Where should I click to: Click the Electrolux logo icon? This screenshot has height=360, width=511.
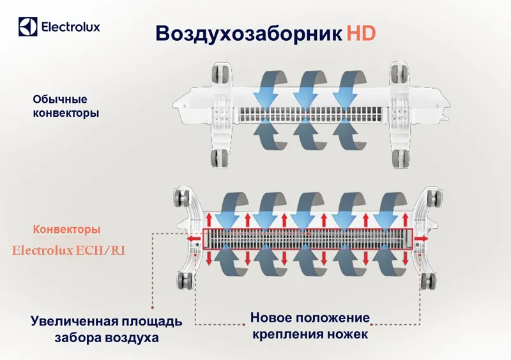pos(27,26)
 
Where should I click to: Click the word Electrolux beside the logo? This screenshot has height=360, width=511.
pos(71,26)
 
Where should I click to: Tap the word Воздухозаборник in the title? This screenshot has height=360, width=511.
pos(249,33)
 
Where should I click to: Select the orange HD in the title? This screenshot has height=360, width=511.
pos(361,33)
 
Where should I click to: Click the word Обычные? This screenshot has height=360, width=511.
pos(60,99)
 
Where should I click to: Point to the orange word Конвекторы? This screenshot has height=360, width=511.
pos(66,229)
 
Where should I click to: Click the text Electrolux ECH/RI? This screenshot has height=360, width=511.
pos(69,251)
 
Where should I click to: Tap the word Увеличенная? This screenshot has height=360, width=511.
pos(75,321)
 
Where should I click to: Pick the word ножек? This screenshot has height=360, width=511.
pos(347,334)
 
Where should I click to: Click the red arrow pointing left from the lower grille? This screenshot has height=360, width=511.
pos(194,239)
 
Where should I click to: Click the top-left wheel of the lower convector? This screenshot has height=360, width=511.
pos(181,198)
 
